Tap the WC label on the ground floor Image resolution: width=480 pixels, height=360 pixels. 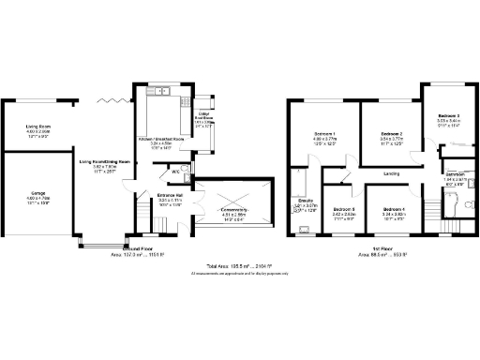(175, 172)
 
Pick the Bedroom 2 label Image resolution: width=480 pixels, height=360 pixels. (391, 135)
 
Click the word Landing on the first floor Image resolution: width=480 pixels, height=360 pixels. (392, 173)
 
